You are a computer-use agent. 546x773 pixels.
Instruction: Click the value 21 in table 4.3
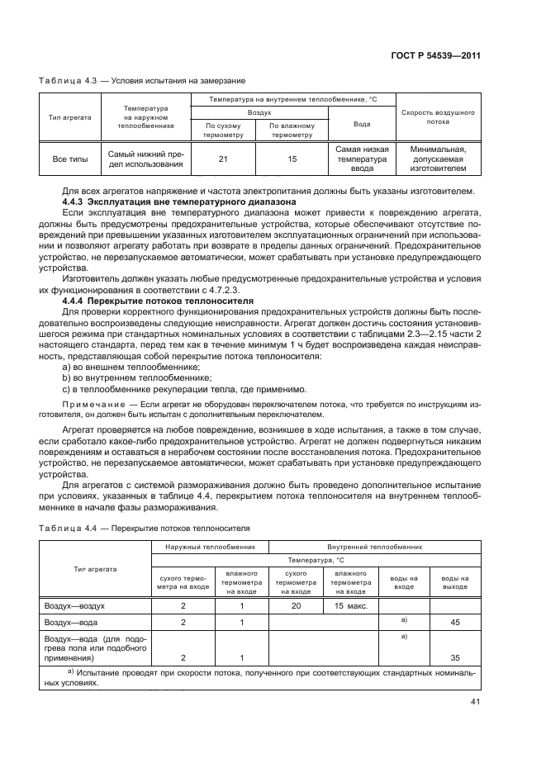pyautogui.click(x=223, y=159)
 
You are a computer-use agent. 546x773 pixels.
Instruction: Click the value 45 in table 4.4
pyautogui.click(x=455, y=623)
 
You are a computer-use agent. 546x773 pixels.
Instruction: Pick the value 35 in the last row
pyautogui.click(x=455, y=657)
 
